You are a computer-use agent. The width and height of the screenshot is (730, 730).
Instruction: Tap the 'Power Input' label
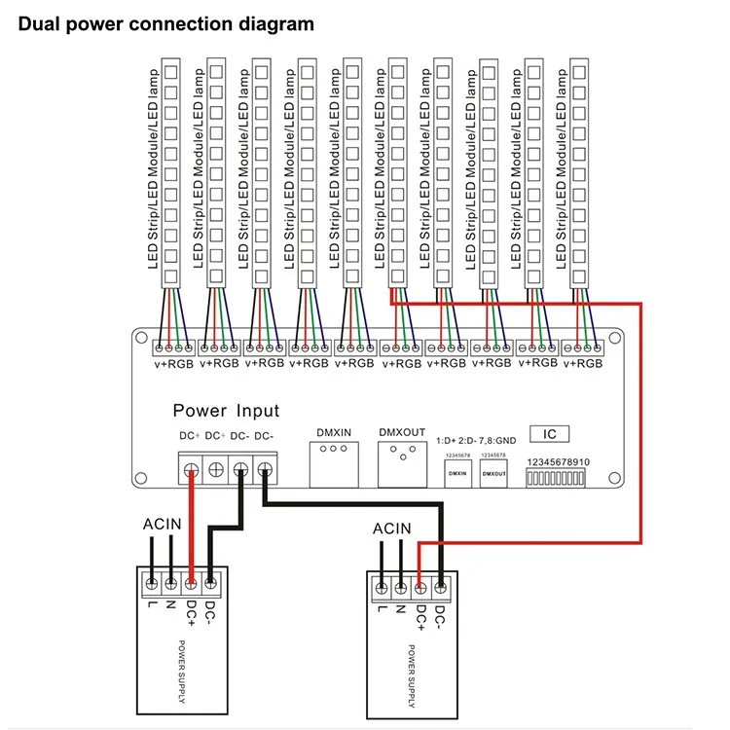226,411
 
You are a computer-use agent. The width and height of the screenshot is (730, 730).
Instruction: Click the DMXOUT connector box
402,465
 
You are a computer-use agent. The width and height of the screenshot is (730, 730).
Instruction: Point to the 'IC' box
550,434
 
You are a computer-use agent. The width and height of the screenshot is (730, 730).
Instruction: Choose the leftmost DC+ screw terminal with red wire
192,472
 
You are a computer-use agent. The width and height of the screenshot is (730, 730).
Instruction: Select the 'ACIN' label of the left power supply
161,524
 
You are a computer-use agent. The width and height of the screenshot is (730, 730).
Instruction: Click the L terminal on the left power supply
152,583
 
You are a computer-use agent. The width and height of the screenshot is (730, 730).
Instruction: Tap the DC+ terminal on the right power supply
420,587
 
